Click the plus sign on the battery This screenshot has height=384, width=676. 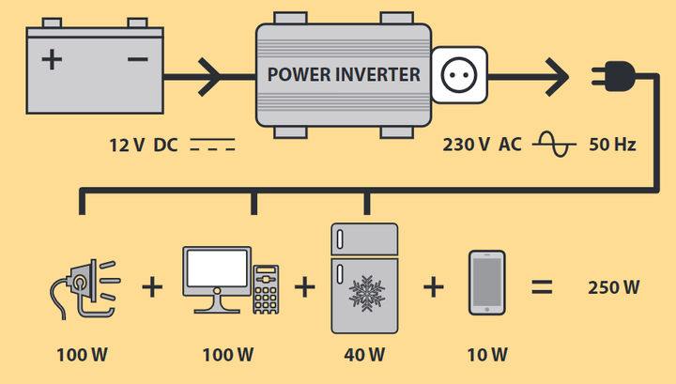[53, 59]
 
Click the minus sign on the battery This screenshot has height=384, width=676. [138, 59]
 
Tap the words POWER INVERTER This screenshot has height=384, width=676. [344, 74]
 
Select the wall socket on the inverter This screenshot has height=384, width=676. [459, 75]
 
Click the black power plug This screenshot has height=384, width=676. [614, 76]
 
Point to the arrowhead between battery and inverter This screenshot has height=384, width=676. [209, 77]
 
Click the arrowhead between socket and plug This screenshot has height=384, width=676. [557, 77]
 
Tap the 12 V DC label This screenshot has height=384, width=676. [144, 146]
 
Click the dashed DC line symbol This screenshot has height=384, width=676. [212, 145]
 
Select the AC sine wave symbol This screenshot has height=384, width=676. [554, 144]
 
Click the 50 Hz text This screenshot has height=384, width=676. [612, 145]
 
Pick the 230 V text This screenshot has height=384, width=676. [466, 145]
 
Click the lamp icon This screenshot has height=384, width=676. [84, 289]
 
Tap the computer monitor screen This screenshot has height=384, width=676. [217, 269]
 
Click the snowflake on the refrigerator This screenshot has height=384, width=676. [367, 293]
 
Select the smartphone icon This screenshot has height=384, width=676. [486, 283]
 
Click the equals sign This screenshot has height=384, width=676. [542, 286]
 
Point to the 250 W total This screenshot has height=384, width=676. [614, 287]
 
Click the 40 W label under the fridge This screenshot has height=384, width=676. [364, 355]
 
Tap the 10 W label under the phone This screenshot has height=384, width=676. [487, 355]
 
